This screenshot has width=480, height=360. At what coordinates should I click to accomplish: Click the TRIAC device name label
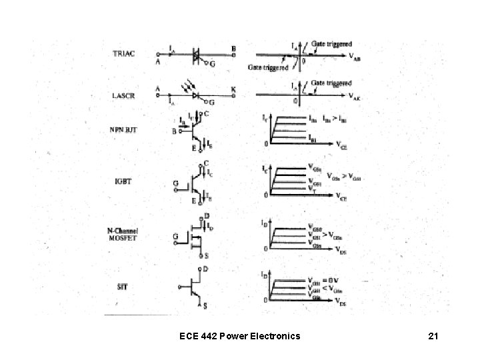123,53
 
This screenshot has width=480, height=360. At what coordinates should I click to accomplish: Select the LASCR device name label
123,96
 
